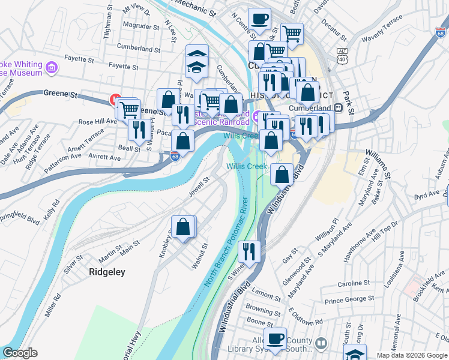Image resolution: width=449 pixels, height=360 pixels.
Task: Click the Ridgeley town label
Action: [x=107, y=272]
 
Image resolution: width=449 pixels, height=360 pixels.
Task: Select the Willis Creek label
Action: [x=243, y=166]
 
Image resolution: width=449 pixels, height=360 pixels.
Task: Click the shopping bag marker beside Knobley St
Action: [x=184, y=227]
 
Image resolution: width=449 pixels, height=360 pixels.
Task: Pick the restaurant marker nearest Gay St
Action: [x=249, y=250]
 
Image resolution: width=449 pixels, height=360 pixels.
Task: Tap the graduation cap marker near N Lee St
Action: [x=197, y=56]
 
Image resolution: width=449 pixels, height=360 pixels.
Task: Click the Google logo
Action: [x=20, y=353]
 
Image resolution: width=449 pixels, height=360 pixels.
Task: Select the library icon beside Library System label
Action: [x=322, y=343]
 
